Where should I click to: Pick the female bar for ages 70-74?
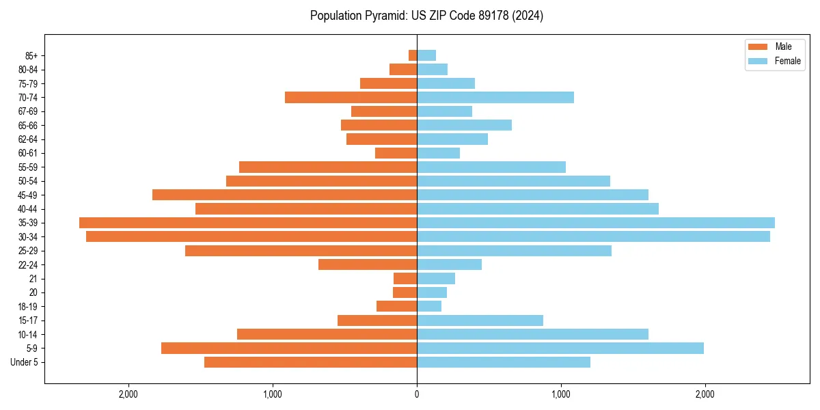pyautogui.click(x=495, y=98)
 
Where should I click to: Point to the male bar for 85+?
pyautogui.click(x=413, y=55)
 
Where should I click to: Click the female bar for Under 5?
pyautogui.click(x=504, y=362)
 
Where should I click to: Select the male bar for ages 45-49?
pyautogui.click(x=284, y=195)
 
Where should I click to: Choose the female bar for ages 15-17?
pyautogui.click(x=480, y=320)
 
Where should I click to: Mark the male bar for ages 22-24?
pyautogui.click(x=368, y=264)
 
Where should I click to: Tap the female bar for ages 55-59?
pyautogui.click(x=491, y=167)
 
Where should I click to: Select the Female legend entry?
pyautogui.click(x=787, y=61)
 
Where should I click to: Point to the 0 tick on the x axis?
pyautogui.click(x=417, y=394)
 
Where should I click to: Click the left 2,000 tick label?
pyautogui.click(x=128, y=394)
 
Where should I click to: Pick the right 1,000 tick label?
pyautogui.click(x=561, y=394)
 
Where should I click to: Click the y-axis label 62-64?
pyautogui.click(x=27, y=139)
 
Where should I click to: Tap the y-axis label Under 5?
pyautogui.click(x=25, y=362)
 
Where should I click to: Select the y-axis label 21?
pyautogui.click(x=33, y=279)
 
